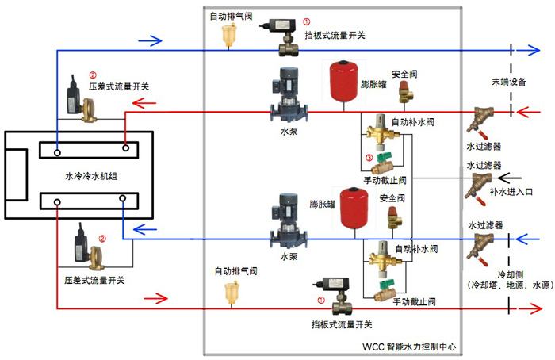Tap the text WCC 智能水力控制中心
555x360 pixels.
[409, 347]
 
